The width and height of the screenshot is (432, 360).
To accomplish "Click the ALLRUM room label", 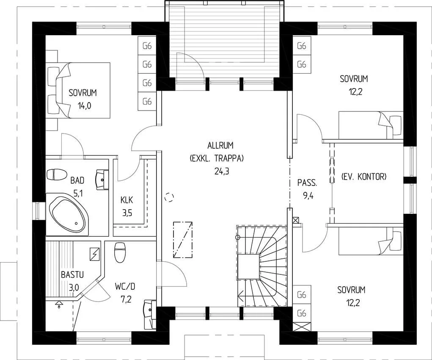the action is tap(220, 145).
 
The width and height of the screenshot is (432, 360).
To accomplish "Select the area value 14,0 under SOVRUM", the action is tap(83, 106).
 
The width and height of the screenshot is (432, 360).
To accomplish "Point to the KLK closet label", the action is tap(127, 200).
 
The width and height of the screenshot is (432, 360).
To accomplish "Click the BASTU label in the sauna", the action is tap(72, 275).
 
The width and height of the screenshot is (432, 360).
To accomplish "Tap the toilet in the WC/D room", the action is tap(120, 252).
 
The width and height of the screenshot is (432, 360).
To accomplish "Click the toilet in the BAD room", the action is tap(57, 174).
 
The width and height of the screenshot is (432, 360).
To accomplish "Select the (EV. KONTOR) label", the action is tap(364, 177).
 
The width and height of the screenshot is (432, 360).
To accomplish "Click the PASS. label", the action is tap(307, 183).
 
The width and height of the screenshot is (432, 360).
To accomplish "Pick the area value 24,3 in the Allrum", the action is tap(222, 172).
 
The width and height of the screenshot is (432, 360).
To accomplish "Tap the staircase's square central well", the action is tap(249, 267).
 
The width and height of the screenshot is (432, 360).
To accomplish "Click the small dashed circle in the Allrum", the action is tap(169, 197).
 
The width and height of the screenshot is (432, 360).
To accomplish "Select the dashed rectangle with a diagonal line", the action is tap(183, 240).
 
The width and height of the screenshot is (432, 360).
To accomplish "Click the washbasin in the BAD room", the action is tap(102, 180).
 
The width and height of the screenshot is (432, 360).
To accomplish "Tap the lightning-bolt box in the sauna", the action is tap(95, 254).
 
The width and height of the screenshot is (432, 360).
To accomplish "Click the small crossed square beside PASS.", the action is tap(296, 220).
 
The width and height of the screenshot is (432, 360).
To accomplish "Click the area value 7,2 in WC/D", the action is tap(125, 299).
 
